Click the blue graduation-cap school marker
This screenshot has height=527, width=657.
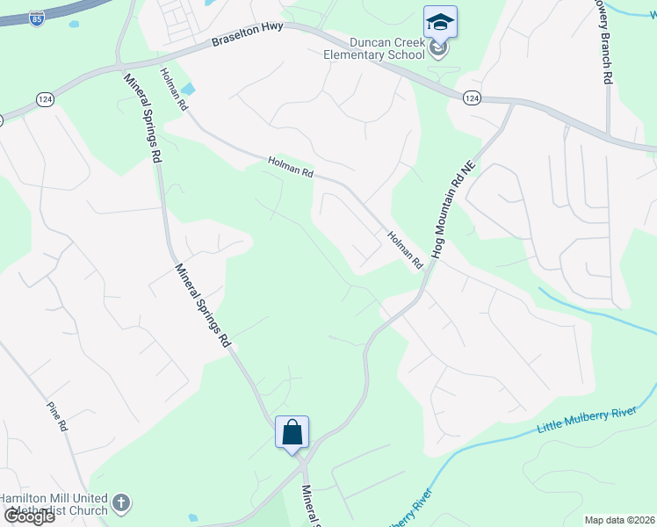tap(440, 24)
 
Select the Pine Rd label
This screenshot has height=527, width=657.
tap(58, 415)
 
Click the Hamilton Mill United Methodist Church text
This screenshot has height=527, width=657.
tap(54, 504)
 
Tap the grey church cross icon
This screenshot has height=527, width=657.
tap(121, 504)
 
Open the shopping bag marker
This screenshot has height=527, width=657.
tap(292, 432)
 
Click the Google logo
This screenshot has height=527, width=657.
tap(28, 516)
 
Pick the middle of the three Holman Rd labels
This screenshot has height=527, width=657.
tap(291, 167)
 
